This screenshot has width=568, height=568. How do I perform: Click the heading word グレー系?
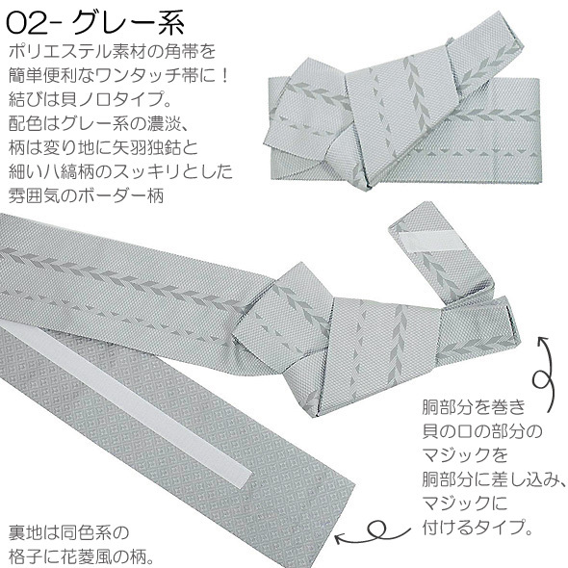(x=128, y=23)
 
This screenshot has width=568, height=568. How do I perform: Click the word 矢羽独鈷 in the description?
(x=146, y=147)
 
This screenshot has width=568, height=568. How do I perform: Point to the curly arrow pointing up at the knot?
(x=543, y=374)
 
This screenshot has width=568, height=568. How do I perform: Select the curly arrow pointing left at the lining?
(x=373, y=534)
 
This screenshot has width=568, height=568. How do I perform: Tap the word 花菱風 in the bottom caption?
(x=88, y=556)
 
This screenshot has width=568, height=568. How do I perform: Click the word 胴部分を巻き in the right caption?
(x=474, y=407)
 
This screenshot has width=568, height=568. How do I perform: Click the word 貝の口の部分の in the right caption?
(x=482, y=431)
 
